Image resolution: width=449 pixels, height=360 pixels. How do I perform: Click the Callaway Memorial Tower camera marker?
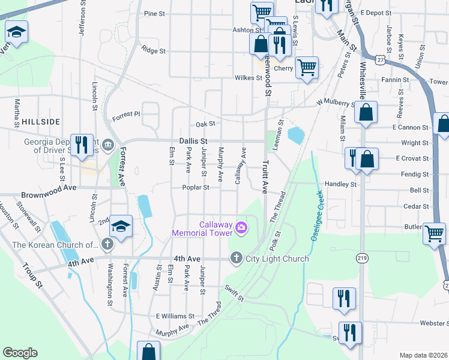click(241, 226)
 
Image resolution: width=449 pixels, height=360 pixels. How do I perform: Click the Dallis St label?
click(193, 140)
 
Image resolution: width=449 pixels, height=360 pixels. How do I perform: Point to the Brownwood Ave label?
click(49, 196)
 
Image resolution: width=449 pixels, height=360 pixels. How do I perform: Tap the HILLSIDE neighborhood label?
click(41, 121)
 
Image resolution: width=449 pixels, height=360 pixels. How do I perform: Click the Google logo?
click(20, 353)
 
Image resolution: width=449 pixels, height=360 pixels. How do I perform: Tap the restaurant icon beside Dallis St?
click(82, 144)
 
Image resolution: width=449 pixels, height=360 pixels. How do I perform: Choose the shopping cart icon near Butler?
click(434, 233)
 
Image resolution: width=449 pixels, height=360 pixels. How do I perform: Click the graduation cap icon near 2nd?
click(121, 226)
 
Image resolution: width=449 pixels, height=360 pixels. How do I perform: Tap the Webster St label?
click(434, 323)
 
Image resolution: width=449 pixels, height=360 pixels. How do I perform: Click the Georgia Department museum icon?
click(107, 144)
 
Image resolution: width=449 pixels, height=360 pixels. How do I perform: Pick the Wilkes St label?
click(249, 77)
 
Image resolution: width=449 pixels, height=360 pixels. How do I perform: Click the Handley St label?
click(340, 184)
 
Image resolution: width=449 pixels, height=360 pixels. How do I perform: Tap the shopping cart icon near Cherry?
click(307, 67)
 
